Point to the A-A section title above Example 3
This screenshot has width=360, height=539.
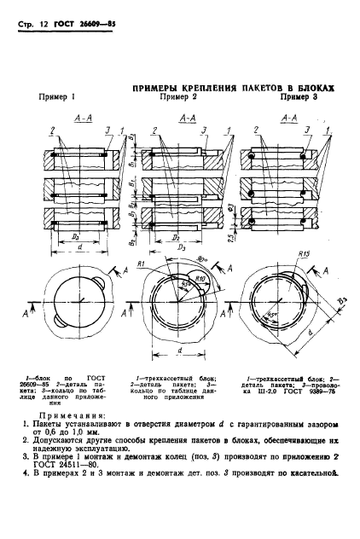[x=288, y=118]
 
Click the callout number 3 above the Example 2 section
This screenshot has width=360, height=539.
[x=204, y=129]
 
